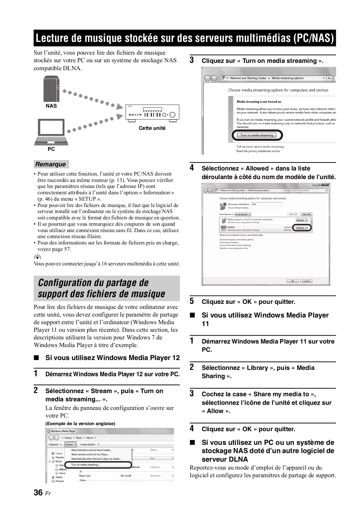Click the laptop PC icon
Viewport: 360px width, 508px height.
[51, 132]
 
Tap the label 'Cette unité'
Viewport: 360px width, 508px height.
[152, 128]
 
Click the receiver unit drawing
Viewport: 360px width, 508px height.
[152, 113]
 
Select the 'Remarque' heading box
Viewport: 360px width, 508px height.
[51, 164]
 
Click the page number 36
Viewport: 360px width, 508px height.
[38, 492]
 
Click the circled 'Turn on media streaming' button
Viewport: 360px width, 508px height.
[256, 135]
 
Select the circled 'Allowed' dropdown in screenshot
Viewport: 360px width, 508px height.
[302, 228]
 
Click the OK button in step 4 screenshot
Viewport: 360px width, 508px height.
[292, 281]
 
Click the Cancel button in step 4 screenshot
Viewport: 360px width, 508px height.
[306, 281]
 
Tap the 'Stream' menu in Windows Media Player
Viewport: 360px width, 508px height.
[70, 444]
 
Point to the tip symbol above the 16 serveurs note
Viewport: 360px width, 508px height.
[37, 257]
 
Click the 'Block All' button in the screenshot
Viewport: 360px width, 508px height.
[306, 214]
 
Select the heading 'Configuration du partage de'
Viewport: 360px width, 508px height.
[93, 283]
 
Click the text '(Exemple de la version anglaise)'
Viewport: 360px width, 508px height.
[80, 424]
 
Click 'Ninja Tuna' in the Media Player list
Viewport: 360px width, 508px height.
[85, 476]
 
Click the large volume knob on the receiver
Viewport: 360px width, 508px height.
[173, 115]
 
